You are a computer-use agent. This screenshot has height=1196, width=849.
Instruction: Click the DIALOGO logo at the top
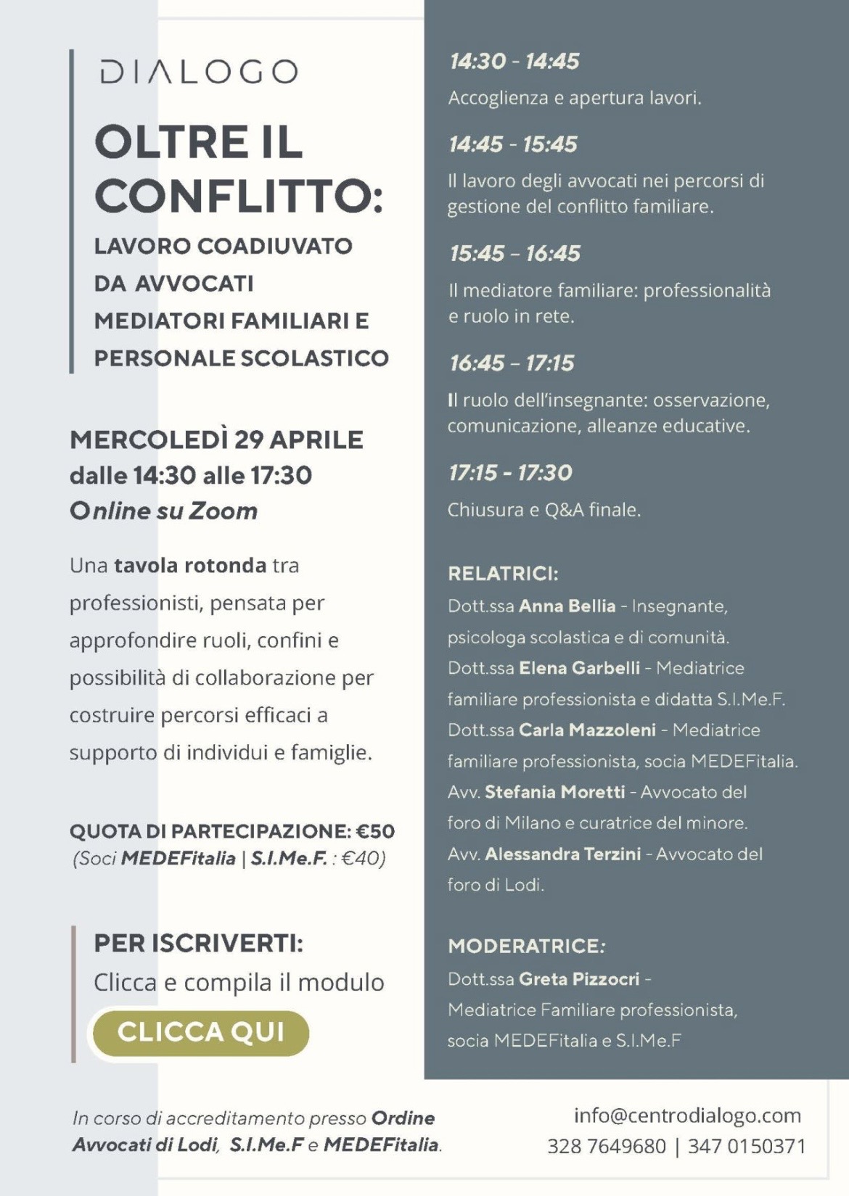tap(199, 72)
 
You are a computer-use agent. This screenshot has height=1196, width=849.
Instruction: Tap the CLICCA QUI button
tap(200, 1032)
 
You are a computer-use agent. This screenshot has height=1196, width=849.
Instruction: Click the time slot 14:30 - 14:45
tap(514, 62)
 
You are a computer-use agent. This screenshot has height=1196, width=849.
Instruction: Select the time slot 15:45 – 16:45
tap(514, 254)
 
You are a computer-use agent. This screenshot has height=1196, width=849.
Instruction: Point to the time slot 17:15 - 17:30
tap(510, 473)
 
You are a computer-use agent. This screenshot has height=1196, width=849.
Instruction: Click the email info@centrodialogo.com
tap(687, 1115)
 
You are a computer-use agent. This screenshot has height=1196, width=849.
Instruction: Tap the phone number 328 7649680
tap(606, 1146)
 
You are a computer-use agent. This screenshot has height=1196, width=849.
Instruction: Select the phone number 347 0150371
tap(747, 1146)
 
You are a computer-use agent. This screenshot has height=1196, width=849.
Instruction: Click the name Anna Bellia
tap(567, 606)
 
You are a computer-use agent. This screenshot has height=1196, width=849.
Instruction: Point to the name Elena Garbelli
tap(580, 668)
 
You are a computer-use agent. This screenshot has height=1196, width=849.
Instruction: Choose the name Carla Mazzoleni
tap(587, 730)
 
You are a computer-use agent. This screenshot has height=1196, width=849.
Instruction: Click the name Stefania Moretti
tap(555, 792)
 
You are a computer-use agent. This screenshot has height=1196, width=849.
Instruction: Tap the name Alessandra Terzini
tap(563, 854)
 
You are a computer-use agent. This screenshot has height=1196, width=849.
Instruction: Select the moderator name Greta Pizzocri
tap(579, 979)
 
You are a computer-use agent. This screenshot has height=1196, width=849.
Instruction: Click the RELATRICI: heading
tap(503, 574)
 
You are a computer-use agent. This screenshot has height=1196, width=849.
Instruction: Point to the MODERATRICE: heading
tap(526, 946)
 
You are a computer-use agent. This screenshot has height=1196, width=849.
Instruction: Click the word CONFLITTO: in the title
tap(239, 196)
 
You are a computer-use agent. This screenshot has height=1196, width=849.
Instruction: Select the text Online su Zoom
tap(164, 511)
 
